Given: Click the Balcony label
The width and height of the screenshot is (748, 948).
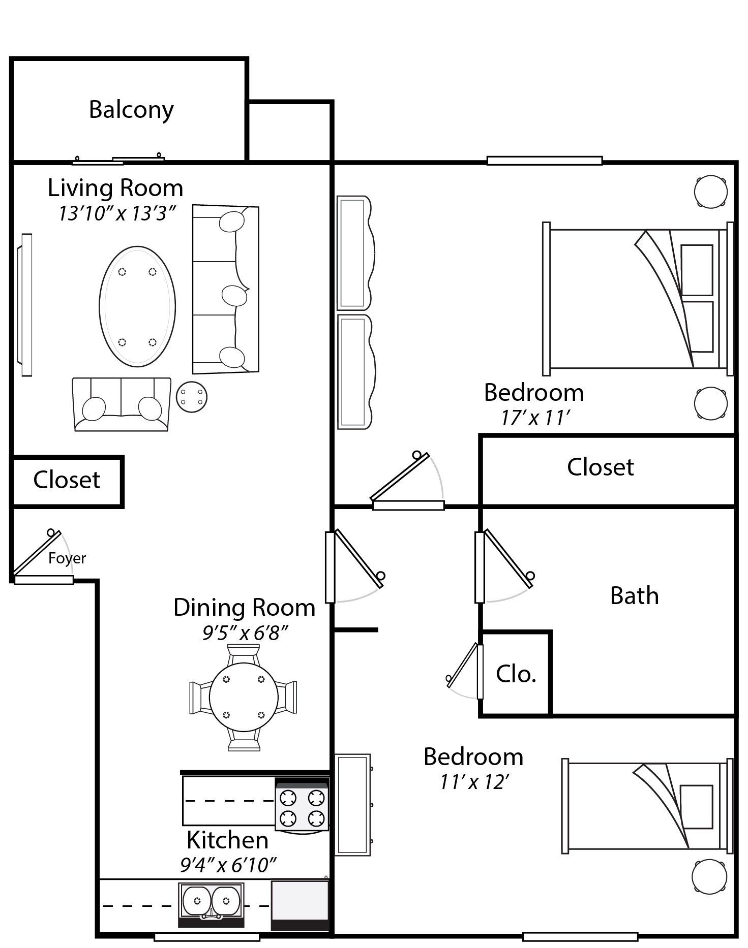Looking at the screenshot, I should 131,110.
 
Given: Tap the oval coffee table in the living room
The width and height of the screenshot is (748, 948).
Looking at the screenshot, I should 137,306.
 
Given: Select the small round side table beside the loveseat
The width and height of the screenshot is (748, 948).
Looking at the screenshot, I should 192,396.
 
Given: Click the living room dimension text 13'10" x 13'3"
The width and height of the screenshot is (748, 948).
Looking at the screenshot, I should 117,213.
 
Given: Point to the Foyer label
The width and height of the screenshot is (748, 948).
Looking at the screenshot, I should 67,558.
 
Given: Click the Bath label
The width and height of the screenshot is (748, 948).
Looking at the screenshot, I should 634,595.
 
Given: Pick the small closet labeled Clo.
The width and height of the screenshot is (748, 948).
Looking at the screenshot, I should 516,674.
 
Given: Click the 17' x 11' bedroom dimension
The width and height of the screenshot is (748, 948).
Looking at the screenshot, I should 534,418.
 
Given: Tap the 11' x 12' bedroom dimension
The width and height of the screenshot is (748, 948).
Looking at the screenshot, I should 474,782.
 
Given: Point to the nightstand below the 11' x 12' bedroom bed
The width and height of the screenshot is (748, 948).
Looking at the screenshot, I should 709,876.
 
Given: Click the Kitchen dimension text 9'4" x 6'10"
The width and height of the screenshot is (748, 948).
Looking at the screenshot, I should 228,865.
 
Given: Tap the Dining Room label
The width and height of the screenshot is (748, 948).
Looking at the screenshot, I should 244,608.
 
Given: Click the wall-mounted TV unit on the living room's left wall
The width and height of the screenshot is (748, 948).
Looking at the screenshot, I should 25,305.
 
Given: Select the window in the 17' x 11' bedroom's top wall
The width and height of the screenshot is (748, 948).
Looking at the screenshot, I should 544,161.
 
